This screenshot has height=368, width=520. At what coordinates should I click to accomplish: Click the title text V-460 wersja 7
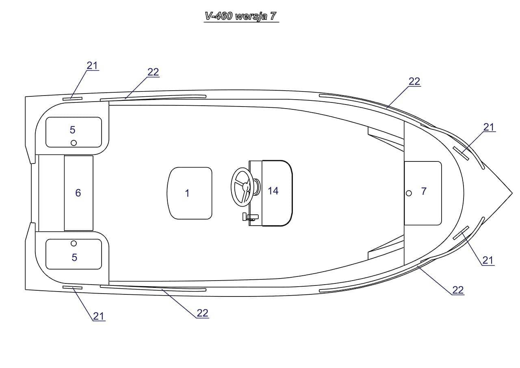coord(241,16)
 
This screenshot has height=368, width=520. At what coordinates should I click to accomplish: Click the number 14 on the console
coord(273,190)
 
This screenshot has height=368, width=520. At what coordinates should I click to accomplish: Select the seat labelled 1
coord(189,193)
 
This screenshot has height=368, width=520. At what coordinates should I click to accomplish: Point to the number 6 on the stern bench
coord(78,193)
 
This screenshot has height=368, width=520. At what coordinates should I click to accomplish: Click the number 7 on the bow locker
coord(424,191)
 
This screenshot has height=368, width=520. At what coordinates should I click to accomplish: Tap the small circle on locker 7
coord(409,193)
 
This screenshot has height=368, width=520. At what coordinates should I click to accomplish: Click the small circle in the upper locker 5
coord(74,142)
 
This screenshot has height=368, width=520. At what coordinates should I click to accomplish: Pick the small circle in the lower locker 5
coord(74,243)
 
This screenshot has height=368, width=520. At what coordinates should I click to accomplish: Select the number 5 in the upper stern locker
coord(72,130)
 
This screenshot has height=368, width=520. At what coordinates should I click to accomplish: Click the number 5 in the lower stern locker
coord(74,257)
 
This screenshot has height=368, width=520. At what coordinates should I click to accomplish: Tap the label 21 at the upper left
coord(92,65)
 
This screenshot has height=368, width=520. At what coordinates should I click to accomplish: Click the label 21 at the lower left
coord(99,316)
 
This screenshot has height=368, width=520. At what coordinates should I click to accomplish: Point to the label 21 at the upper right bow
coord(489,127)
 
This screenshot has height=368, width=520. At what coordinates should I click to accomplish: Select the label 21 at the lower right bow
coord(488,260)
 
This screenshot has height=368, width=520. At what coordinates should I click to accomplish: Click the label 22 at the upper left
coord(153,72)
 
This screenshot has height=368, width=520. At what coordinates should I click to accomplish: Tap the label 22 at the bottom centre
coord(202,313)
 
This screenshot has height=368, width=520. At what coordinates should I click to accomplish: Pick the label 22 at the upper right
coord(414,81)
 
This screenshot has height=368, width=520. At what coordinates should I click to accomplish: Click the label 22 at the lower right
coord(458,290)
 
